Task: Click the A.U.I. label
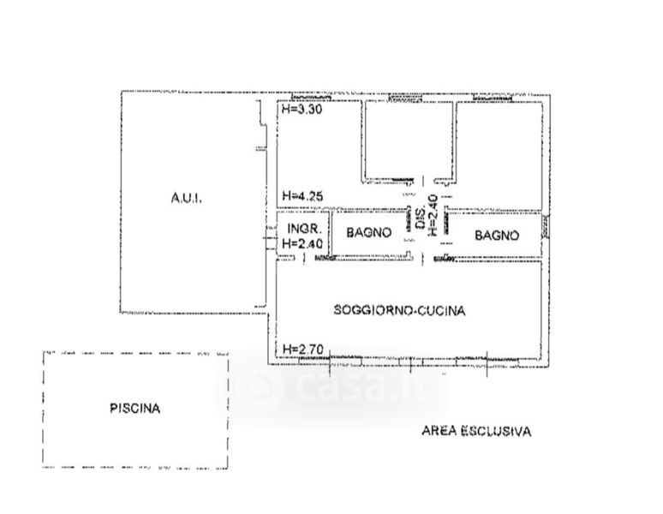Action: (185, 198)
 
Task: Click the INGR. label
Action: (304, 229)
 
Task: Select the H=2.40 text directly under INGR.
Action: (302, 243)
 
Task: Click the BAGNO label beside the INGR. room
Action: (369, 233)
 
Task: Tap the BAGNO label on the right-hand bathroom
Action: (497, 234)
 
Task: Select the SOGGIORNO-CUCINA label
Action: (399, 311)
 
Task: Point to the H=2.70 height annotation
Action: (300, 349)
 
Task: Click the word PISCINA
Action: (134, 409)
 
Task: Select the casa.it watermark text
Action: (360, 389)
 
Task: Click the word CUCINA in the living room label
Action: (442, 311)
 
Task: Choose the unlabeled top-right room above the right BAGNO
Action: (499, 150)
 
